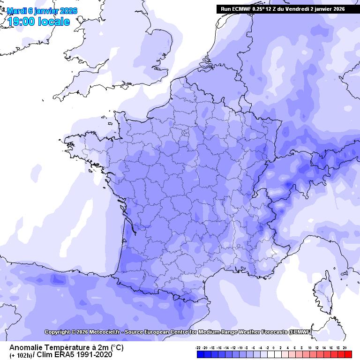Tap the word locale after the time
(x=54, y=22)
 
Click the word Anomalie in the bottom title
(x=26, y=347)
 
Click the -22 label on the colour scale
(x=199, y=348)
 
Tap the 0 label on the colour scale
(x=273, y=348)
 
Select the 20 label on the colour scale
(x=345, y=348)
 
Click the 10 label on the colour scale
(x=310, y=348)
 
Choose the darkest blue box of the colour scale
(x=200, y=354)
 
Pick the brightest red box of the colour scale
(x=348, y=354)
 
